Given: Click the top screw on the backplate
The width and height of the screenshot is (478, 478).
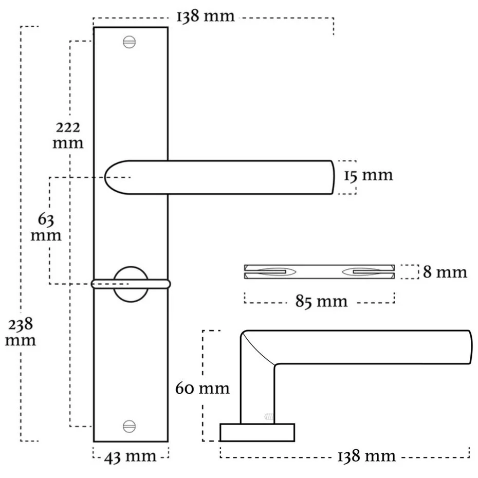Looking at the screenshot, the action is [x=129, y=42].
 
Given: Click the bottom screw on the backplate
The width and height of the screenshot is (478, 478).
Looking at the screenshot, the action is [x=129, y=426].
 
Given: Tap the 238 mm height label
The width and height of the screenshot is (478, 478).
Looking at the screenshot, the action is [x=21, y=332].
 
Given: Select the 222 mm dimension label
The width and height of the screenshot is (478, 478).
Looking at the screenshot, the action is [x=68, y=135].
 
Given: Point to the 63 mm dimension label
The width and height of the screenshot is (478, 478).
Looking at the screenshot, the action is [x=46, y=227].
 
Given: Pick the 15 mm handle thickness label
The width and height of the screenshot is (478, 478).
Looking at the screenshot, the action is [x=369, y=176].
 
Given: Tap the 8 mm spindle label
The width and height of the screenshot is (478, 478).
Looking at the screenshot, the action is [x=445, y=272].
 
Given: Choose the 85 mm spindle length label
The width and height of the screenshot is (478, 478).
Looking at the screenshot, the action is [x=321, y=302].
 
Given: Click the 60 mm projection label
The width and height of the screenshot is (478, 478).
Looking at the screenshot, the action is [x=202, y=389].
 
